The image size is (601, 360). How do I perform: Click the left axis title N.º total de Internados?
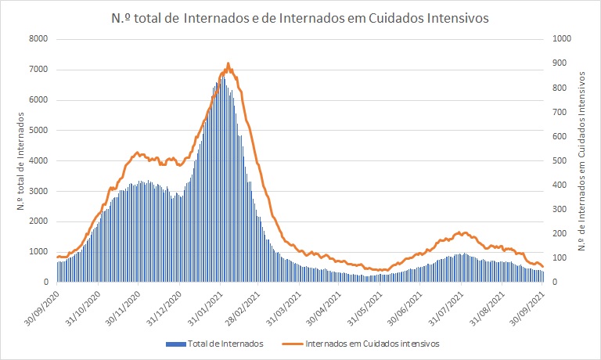(20, 160)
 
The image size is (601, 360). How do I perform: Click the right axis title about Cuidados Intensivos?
(583, 160)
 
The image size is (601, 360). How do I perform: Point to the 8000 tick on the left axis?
(38, 39)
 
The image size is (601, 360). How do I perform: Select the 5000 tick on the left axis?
(38, 131)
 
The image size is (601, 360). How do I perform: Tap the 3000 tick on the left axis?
(38, 191)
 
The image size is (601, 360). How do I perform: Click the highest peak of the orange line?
(228, 63)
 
